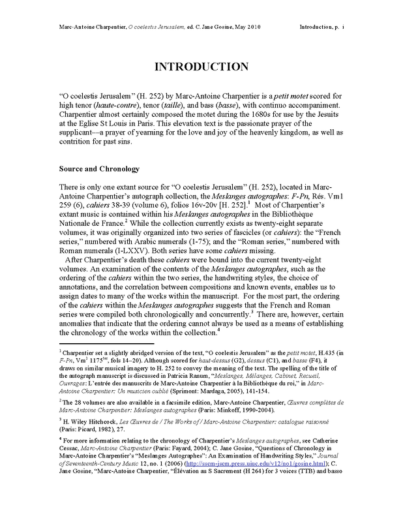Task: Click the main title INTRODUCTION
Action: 201,67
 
